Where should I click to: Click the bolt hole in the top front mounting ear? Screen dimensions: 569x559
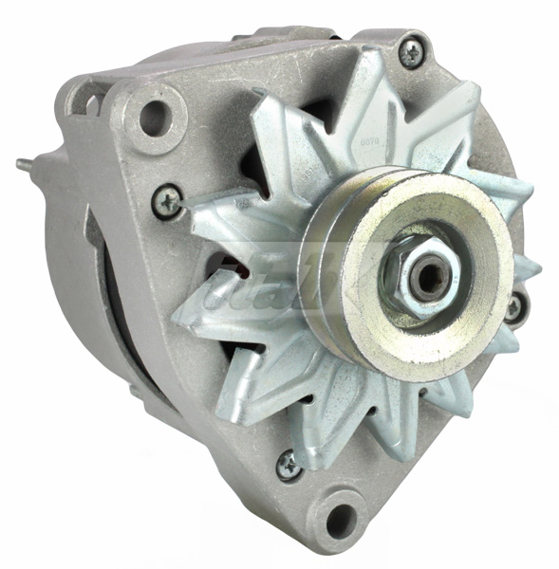tap(153, 118)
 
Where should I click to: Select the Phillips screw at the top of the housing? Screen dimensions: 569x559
tap(411, 52)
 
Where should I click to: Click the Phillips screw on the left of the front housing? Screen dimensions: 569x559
tap(168, 200)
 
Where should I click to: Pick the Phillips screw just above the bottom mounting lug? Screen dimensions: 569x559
tap(289, 464)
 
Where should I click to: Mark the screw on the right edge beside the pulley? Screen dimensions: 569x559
tap(513, 307)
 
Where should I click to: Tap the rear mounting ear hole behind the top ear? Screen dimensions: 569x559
tap(88, 100)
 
